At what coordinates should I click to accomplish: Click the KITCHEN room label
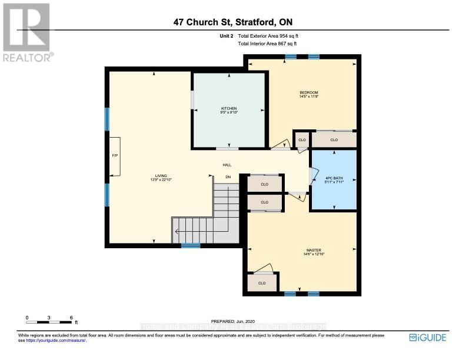coord(229,109)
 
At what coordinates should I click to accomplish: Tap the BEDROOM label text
coord(309,92)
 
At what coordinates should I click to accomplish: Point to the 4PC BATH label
coord(333,178)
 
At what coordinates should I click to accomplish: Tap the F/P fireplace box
coord(115,156)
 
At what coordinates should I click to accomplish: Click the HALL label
coord(227,165)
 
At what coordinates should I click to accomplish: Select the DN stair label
coord(228,176)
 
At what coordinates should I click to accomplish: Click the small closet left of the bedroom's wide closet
coord(302,140)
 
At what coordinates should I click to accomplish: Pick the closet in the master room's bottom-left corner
coord(262,283)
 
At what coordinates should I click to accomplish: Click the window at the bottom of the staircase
coord(190,245)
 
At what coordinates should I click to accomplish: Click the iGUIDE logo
coord(428,337)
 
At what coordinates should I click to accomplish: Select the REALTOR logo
coord(26,32)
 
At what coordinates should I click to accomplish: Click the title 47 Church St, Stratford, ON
coord(232,22)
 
